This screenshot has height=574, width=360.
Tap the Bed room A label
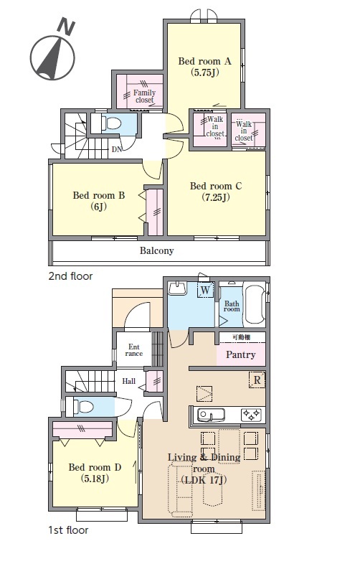tap(204, 66)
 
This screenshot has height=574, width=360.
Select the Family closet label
tap(144, 96)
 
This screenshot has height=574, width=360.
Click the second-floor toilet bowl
tap(112, 123)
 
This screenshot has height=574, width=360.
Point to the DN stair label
tap(117, 149)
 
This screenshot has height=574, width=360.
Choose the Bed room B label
tap(99, 201)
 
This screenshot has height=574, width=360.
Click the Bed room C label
tap(215, 192)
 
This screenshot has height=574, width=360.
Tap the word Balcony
tap(156, 250)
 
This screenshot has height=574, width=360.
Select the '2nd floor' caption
tap(70, 276)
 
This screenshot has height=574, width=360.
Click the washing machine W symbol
tap(205, 291)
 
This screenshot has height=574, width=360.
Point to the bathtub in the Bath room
tap(254, 306)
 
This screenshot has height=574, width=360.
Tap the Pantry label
tap(240, 354)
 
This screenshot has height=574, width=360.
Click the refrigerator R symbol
tap(257, 380)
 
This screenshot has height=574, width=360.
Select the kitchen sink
tap(211, 415)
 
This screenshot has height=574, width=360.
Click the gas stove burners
tap(252, 415)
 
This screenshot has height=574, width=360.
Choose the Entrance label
tap(134, 350)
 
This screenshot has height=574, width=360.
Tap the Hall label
tap(129, 381)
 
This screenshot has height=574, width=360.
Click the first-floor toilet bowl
tap(84, 406)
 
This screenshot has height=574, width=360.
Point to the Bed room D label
tap(95, 473)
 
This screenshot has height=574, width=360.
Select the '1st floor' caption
tap(68, 530)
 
